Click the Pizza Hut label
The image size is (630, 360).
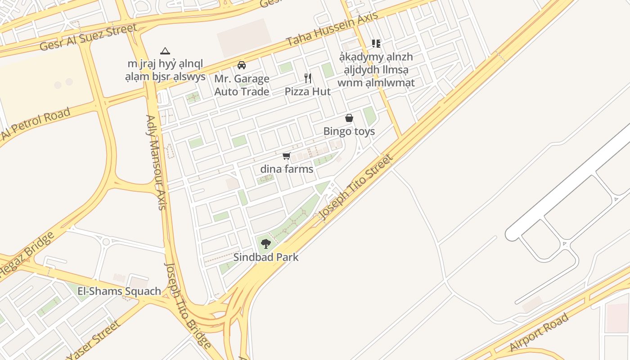pyautogui.click(x=308, y=92)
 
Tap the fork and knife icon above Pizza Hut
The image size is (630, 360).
pyautogui.click(x=308, y=78)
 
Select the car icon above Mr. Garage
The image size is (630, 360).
pyautogui.click(x=242, y=65)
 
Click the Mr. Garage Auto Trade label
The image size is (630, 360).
pyautogui.click(x=242, y=85)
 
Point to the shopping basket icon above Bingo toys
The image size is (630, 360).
pyautogui.click(x=349, y=118)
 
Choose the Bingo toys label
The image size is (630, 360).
pyautogui.click(x=349, y=131)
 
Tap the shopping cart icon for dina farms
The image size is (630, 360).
pyautogui.click(x=286, y=156)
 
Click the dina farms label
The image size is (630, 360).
pyautogui.click(x=287, y=169)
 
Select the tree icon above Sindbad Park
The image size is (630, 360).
pyautogui.click(x=266, y=244)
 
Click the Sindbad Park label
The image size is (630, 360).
pyautogui.click(x=266, y=258)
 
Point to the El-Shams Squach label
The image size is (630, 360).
pyautogui.click(x=119, y=291)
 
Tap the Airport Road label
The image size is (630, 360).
pyautogui.click(x=539, y=332)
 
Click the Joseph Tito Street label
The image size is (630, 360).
pyautogui.click(x=356, y=187)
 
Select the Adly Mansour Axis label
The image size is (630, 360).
pyautogui.click(x=156, y=162)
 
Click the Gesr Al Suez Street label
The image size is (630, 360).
pyautogui.click(x=88, y=37)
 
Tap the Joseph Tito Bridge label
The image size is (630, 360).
pyautogui.click(x=188, y=306)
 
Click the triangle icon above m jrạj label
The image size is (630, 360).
pyautogui.click(x=165, y=51)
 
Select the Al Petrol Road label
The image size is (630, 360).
pyautogui.click(x=36, y=124)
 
